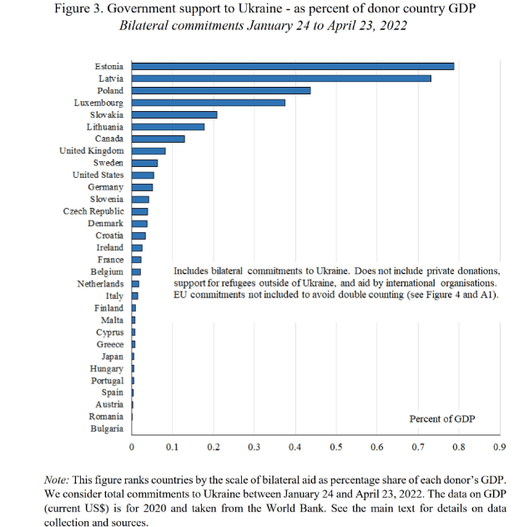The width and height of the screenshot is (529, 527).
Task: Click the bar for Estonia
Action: (x=292, y=66)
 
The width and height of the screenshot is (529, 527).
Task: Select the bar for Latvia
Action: (x=281, y=78)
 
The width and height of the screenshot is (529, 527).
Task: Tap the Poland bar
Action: (x=220, y=90)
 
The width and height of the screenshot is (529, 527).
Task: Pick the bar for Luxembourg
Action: (x=208, y=102)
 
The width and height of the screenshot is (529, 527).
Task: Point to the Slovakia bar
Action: (x=174, y=114)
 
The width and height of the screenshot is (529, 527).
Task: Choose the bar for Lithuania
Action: (x=168, y=126)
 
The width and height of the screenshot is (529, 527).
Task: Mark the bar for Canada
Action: (x=158, y=139)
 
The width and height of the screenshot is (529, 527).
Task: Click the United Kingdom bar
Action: (x=149, y=150)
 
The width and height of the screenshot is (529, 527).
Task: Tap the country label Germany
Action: (x=105, y=187)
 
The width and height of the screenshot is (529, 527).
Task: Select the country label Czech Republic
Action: (x=93, y=211)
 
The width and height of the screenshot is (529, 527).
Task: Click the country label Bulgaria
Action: (x=107, y=429)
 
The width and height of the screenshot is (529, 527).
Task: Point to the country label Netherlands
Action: (x=99, y=284)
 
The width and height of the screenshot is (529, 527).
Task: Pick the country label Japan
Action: (x=112, y=357)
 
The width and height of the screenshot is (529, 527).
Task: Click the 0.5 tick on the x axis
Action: (x=335, y=448)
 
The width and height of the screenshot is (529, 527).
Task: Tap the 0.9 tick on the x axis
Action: (x=499, y=448)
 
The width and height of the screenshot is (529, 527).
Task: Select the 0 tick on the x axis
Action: (x=132, y=448)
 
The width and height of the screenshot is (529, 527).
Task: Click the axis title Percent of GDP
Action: (x=442, y=418)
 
